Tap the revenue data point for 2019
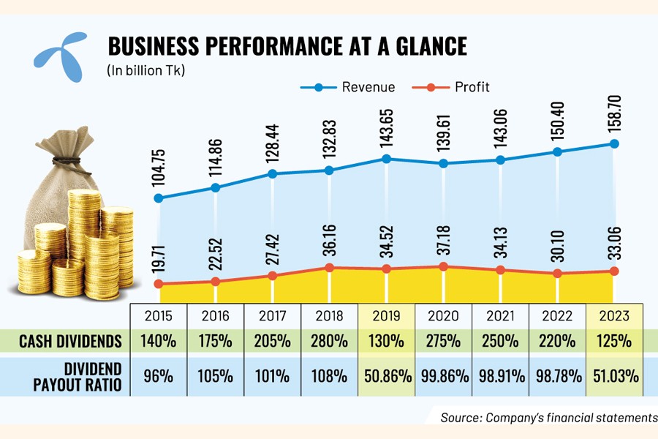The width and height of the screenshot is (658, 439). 387,158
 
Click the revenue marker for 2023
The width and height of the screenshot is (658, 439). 614,143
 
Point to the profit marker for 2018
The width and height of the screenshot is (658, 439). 330,268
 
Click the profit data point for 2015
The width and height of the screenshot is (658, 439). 158,283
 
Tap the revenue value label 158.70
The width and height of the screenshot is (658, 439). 614,113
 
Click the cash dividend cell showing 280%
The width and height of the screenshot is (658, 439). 330,340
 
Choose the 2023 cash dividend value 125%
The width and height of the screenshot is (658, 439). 614,340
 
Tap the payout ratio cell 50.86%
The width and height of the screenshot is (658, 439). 387,376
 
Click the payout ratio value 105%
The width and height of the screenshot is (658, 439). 216,376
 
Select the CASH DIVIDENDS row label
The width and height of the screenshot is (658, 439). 69,340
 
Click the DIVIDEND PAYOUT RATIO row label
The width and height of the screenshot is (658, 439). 69,375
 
